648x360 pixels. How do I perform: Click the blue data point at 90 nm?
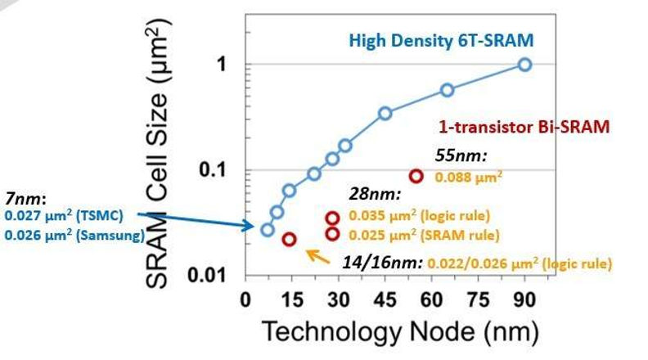(524, 65)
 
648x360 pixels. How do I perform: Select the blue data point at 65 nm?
(447, 90)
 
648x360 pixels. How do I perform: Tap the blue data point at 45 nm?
(385, 113)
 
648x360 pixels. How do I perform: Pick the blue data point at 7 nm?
(267, 229)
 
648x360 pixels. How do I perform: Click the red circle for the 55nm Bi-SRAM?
(416, 176)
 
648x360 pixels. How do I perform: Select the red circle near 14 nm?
(289, 239)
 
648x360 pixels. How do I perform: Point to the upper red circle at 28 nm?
(332, 218)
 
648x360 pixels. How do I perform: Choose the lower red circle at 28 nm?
(332, 234)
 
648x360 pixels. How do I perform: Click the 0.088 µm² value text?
(468, 176)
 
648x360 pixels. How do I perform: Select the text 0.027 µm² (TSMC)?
(63, 216)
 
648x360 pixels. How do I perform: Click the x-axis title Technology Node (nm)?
(399, 332)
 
